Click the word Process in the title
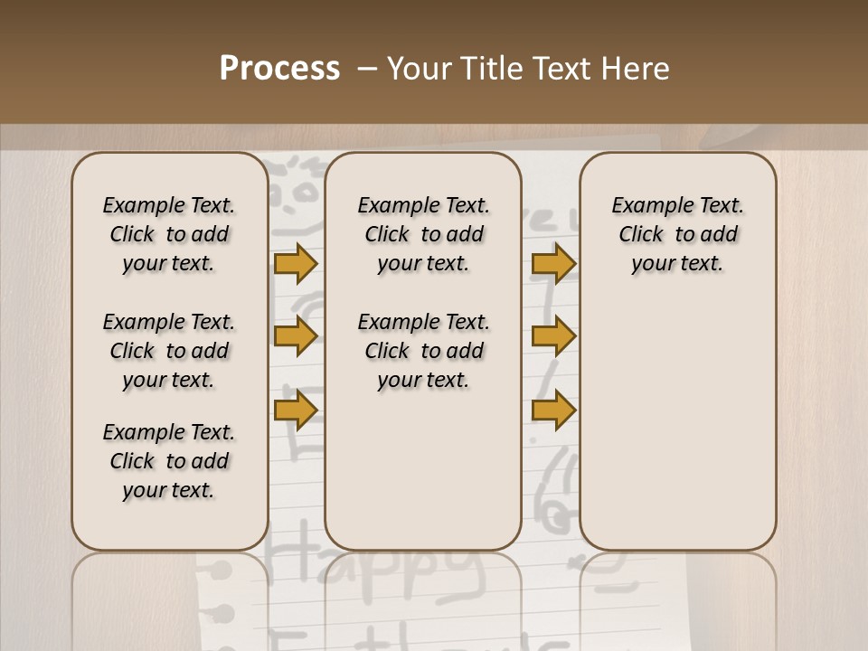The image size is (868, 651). (x=279, y=69)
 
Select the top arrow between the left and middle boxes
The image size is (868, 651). (x=296, y=264)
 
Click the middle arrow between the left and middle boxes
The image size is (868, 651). (x=296, y=337)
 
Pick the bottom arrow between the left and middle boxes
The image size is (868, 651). (x=296, y=410)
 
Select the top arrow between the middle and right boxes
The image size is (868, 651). (x=553, y=264)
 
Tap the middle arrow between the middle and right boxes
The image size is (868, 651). (x=553, y=337)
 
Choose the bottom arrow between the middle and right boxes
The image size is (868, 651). (x=553, y=410)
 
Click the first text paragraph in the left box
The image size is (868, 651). (x=169, y=234)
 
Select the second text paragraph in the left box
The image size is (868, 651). (x=169, y=351)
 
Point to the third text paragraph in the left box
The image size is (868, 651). (x=169, y=461)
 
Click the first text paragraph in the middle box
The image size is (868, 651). (x=423, y=234)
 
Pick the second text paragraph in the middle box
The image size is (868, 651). (x=423, y=351)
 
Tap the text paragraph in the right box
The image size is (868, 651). (x=677, y=234)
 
